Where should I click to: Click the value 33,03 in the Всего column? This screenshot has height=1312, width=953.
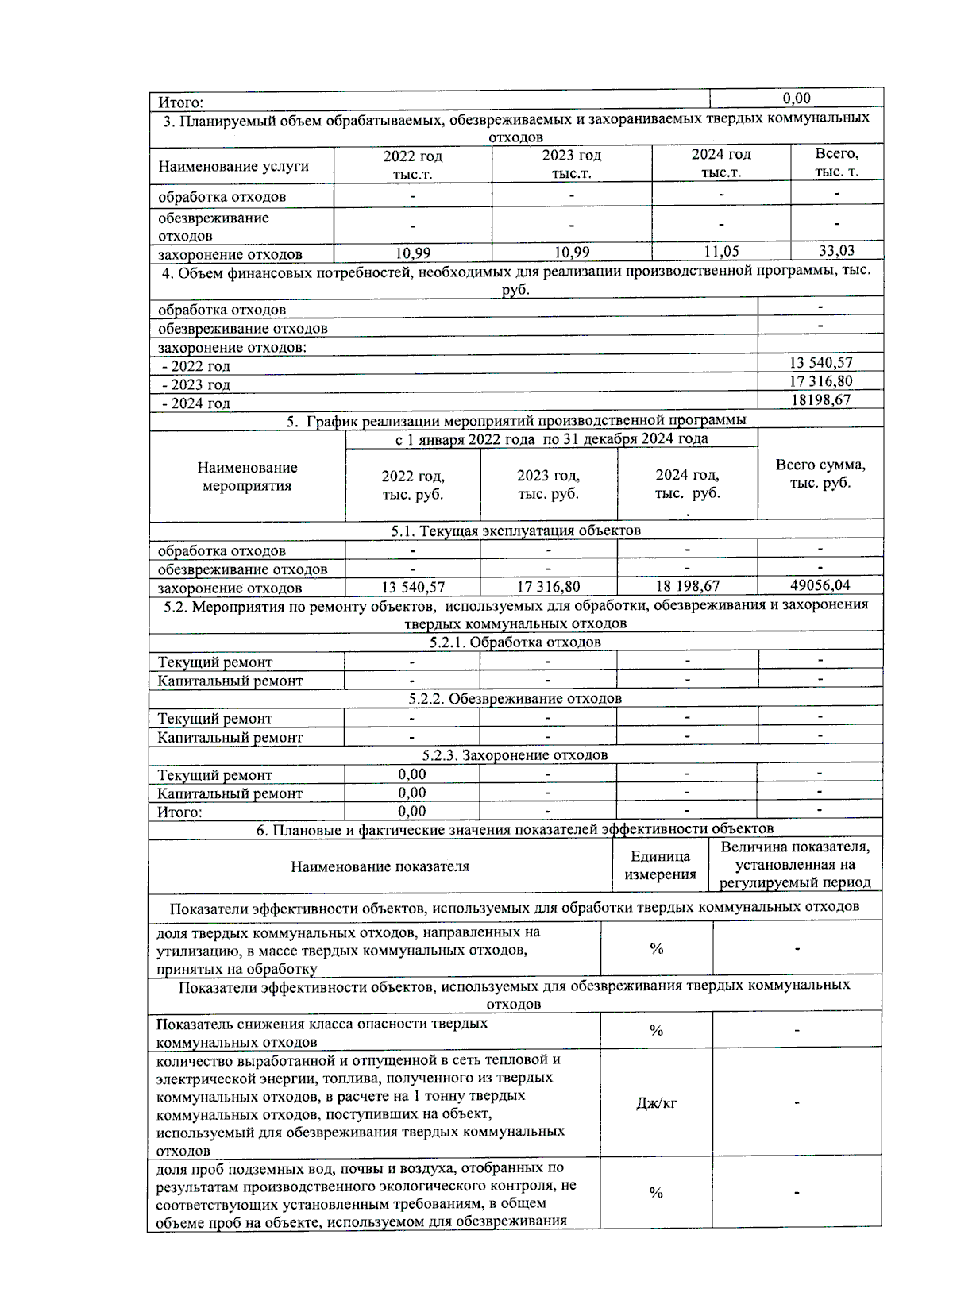point(836,251)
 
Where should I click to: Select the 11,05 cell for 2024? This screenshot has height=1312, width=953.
point(720,252)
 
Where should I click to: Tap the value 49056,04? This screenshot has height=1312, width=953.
point(820,585)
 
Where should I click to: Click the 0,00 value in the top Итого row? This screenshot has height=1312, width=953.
point(796,98)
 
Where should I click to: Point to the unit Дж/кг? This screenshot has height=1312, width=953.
point(656,1103)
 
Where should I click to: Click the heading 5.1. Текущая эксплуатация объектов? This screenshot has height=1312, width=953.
point(515,531)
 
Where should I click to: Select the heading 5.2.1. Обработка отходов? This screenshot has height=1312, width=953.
point(515,642)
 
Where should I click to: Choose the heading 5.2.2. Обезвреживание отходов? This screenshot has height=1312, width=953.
point(515,699)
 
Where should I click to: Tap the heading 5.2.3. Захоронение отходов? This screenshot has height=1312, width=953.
point(515,755)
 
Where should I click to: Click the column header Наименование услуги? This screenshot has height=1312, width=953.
point(233,166)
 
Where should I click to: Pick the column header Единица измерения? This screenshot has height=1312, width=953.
point(660,866)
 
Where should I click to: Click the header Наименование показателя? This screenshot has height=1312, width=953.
point(380,866)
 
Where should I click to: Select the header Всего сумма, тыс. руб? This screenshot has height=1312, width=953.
point(820,473)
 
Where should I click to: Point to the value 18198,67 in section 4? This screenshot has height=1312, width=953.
point(820,400)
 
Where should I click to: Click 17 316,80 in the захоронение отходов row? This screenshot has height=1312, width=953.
point(548,587)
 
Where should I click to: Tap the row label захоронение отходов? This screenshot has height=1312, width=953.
point(232,347)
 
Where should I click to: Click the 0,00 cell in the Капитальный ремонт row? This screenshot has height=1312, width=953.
point(411,793)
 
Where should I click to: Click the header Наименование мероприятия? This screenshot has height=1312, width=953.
point(247,477)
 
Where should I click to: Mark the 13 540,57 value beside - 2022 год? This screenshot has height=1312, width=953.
point(820,363)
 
